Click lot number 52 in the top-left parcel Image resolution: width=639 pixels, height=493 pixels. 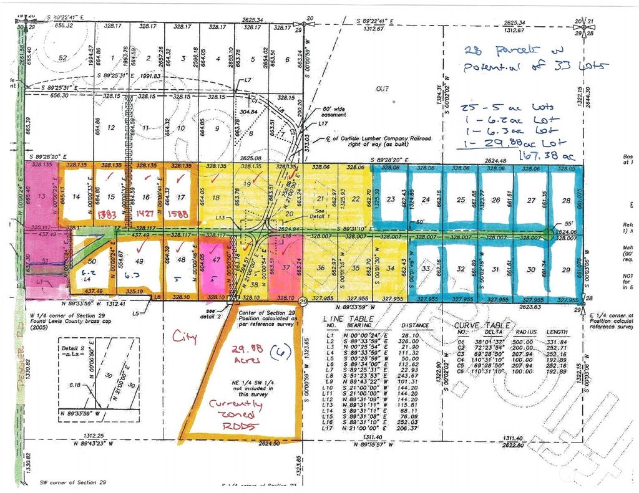click(x=62, y=58)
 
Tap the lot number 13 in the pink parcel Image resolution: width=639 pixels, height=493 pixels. click(x=42, y=196)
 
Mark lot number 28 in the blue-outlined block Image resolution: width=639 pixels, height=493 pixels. click(x=566, y=200)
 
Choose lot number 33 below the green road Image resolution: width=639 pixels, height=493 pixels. click(x=427, y=269)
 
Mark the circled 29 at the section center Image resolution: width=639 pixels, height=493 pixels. click(x=303, y=302)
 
